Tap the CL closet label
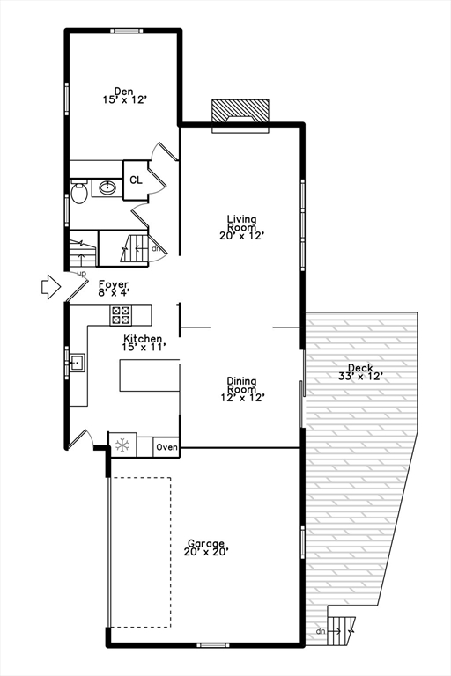pyautogui.click(x=136, y=180)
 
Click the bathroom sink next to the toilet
pyautogui.click(x=107, y=187)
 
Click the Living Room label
pyautogui.click(x=241, y=227)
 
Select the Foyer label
pyautogui.click(x=114, y=288)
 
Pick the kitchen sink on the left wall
pyautogui.click(x=76, y=362)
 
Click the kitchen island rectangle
pyautogui.click(x=150, y=375)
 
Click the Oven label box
pyautogui.click(x=166, y=447)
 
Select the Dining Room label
pyautogui.click(x=241, y=389)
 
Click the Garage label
pyautogui.click(x=205, y=547)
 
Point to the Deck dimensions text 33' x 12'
pyautogui.click(x=360, y=377)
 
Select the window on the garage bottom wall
pyautogui.click(x=212, y=645)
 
